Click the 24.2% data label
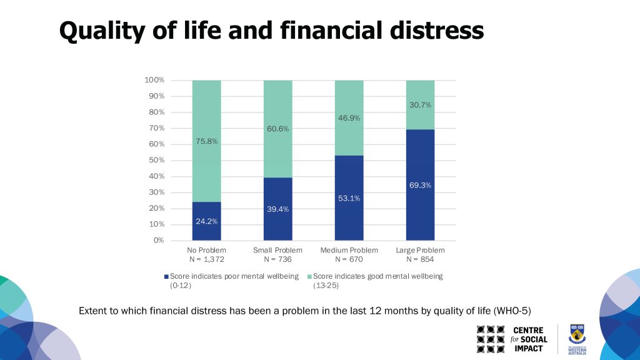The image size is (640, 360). [x=206, y=221]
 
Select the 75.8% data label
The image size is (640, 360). [x=206, y=141]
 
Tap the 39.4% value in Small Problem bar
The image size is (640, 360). [x=277, y=209]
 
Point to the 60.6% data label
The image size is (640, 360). [x=277, y=129]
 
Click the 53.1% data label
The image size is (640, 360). [x=349, y=198]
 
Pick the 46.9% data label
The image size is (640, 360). [x=349, y=117]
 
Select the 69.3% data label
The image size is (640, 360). [x=420, y=185]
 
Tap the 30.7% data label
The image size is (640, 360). [x=420, y=105]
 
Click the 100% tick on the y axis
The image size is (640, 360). [x=154, y=80]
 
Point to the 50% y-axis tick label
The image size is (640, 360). [x=156, y=160]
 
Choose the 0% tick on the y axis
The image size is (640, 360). [x=159, y=240]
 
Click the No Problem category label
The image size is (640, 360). [x=206, y=250]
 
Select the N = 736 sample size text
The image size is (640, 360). [x=277, y=259]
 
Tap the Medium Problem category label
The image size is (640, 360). [x=349, y=250]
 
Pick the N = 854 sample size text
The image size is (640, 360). [x=420, y=259]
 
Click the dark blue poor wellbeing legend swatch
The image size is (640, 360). [x=166, y=276]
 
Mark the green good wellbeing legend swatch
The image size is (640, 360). [x=309, y=276]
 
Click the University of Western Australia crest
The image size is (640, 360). [x=576, y=334]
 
